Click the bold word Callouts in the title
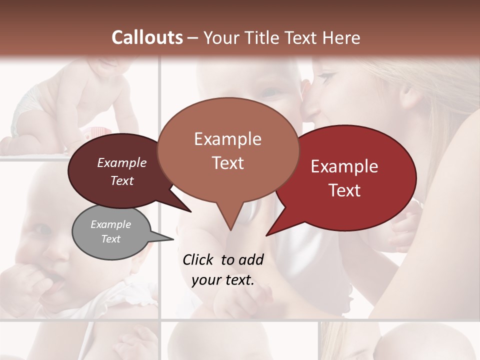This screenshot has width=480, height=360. [147, 37]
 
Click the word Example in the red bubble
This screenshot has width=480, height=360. [344, 166]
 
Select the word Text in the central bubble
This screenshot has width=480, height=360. [228, 163]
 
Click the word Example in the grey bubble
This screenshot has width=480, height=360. [110, 224]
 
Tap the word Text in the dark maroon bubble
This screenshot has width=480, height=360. [122, 180]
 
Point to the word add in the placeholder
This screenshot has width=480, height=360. [250, 259]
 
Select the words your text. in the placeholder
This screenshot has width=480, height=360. [223, 280]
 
